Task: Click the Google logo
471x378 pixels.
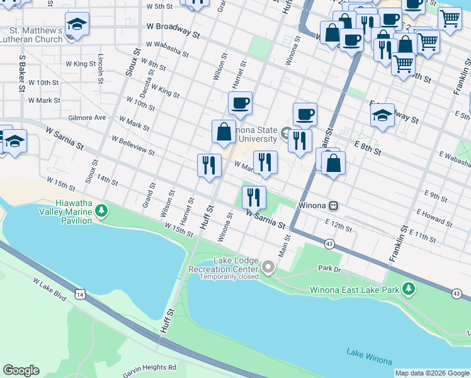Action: pos(21,370)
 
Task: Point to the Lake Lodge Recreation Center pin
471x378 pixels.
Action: pos(269,268)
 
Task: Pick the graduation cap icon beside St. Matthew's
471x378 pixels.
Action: pos(77,23)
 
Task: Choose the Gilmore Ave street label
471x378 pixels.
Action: pos(87,117)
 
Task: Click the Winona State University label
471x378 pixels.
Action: pos(252,134)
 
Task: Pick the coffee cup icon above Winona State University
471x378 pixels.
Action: pos(239,102)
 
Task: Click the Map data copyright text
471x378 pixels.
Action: pos(432,373)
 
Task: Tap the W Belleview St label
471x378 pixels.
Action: pos(133,145)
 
